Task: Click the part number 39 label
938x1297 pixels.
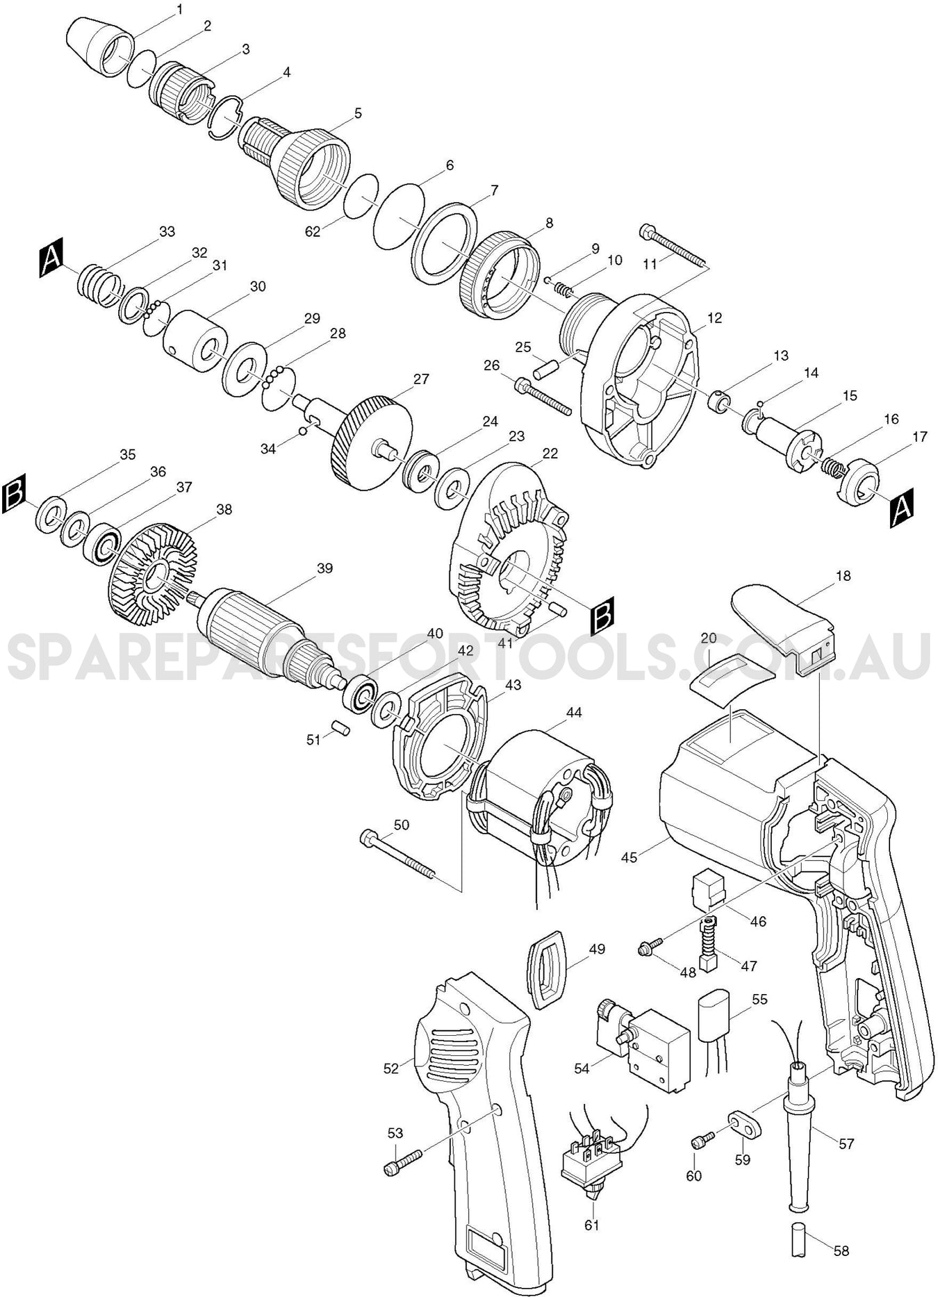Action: point(324,568)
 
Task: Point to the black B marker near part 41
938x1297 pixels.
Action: point(602,615)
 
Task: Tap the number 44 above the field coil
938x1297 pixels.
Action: point(574,712)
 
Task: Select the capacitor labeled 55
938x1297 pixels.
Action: point(714,1020)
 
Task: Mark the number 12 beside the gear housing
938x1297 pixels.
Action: point(714,318)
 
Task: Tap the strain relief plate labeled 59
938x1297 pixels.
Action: point(745,1125)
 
